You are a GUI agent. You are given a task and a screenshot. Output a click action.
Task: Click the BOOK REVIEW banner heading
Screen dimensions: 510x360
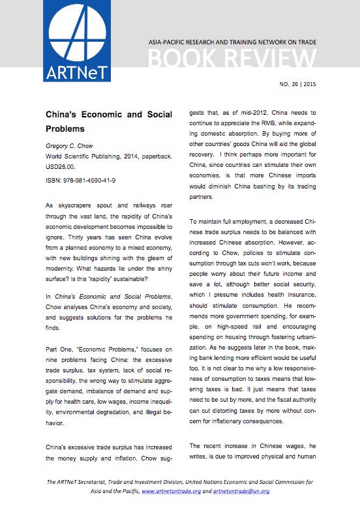coord(232,59)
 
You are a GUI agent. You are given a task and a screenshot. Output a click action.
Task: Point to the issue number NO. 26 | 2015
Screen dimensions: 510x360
coord(298,85)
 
